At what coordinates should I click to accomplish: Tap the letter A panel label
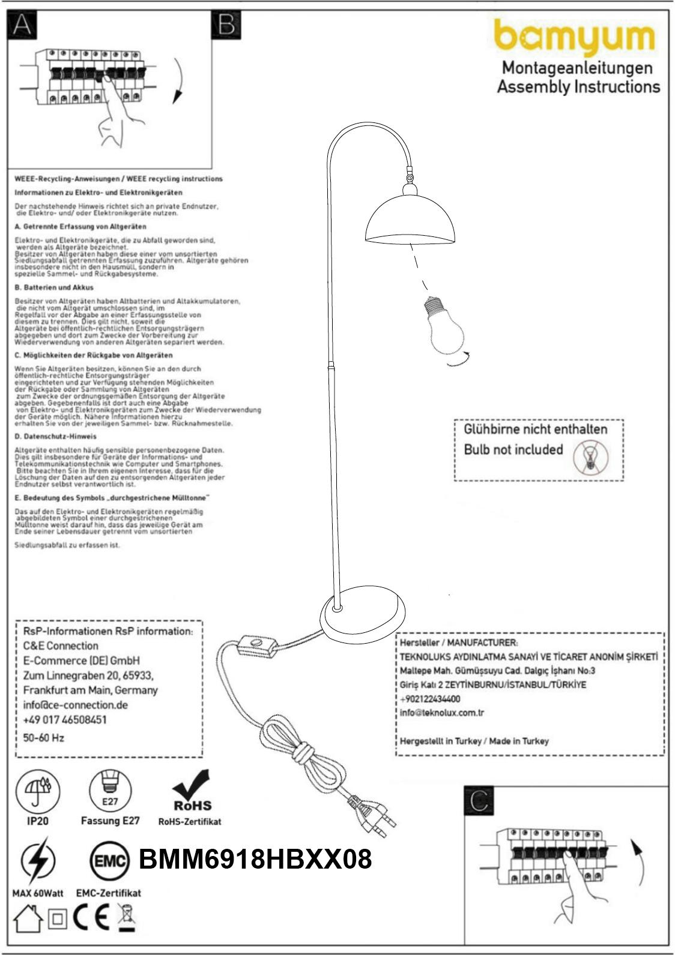[22, 25]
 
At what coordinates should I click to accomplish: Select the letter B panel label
[226, 25]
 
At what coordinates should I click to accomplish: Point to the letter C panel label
[479, 800]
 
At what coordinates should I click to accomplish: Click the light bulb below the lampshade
[444, 326]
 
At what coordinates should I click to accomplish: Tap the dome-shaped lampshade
[410, 220]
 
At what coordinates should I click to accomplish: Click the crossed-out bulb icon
[590, 457]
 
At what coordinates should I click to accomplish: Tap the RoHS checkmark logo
[192, 791]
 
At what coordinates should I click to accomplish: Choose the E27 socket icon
[110, 790]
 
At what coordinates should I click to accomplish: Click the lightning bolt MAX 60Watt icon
[37, 862]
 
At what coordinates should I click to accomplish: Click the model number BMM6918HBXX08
[255, 860]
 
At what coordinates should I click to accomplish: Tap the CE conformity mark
[91, 918]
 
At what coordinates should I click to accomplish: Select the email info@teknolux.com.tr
[442, 713]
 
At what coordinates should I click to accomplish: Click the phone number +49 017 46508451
[65, 720]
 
